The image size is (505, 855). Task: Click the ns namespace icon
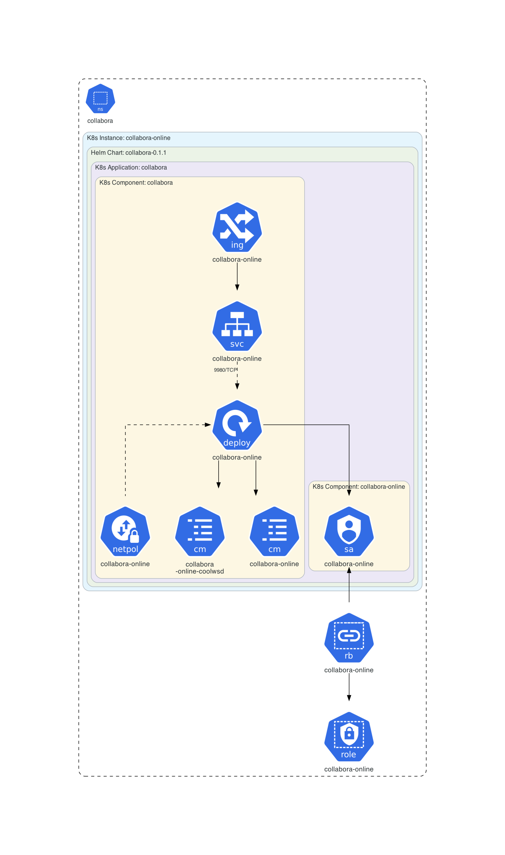point(100,99)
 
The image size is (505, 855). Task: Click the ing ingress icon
point(237,227)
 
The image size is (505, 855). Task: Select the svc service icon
point(237,327)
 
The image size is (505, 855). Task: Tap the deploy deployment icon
point(237,425)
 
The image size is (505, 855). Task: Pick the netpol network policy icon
point(125,532)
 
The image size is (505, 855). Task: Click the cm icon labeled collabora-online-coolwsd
point(200,532)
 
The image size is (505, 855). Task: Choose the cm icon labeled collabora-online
point(274,532)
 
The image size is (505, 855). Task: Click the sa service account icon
point(349,532)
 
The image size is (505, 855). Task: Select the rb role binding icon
point(349,638)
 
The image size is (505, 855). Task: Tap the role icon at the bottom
point(349,737)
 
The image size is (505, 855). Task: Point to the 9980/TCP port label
point(225,370)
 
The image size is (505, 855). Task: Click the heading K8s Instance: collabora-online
point(129,138)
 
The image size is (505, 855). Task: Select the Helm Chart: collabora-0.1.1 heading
point(129,153)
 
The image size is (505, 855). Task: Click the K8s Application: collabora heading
point(131,168)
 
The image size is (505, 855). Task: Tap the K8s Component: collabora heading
point(136,183)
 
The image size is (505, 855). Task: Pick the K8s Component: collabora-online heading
point(359,487)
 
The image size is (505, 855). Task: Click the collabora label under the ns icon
point(100,121)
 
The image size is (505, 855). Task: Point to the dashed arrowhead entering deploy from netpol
point(208,425)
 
